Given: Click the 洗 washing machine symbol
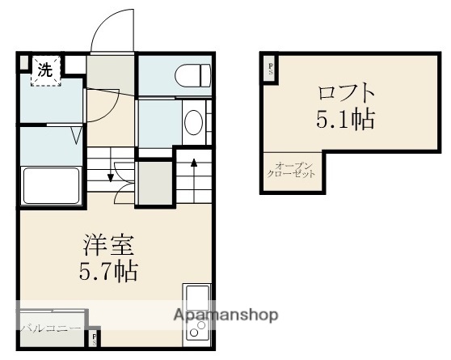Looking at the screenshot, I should (x=46, y=70).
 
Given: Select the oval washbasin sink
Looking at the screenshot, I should (x=193, y=123).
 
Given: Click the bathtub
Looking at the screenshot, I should (x=50, y=185).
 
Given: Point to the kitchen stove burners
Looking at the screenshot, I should (x=196, y=328).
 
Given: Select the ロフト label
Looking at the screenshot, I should (x=345, y=92).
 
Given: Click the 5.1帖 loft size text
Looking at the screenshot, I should (x=345, y=120).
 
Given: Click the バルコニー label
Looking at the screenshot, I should (x=50, y=328).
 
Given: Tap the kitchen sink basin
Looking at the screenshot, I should (x=196, y=298).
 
